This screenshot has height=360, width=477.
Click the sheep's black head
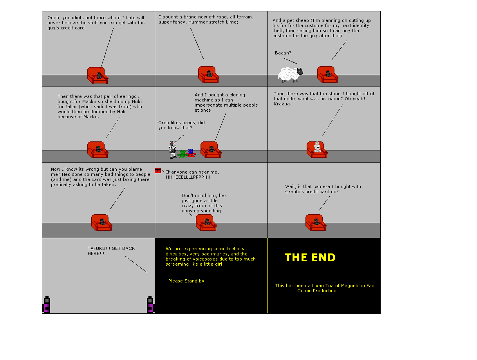pos(300,72)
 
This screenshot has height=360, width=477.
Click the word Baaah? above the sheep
pos(283,53)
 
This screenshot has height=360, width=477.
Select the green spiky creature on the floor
pos(182,154)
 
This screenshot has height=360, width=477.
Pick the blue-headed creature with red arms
pos(191,152)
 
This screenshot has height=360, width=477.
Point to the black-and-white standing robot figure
pos(172,150)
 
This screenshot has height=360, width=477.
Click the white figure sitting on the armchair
pos(317,147)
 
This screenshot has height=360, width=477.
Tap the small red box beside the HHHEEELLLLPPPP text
pos(158,170)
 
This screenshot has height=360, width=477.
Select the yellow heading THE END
pos(310,258)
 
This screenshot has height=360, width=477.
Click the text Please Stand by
pos(186,281)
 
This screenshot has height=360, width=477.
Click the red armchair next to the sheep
pos(327,75)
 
